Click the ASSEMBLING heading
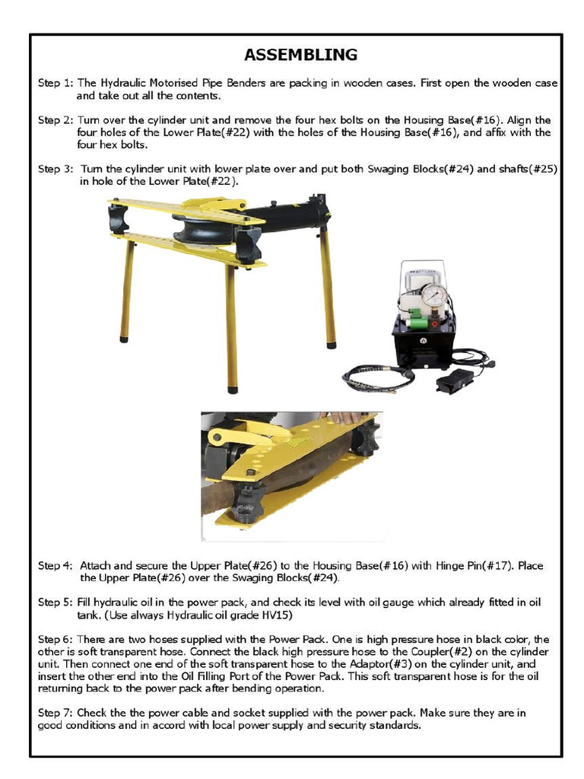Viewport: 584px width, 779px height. click(300, 55)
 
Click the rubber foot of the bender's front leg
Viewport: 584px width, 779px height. click(233, 389)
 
